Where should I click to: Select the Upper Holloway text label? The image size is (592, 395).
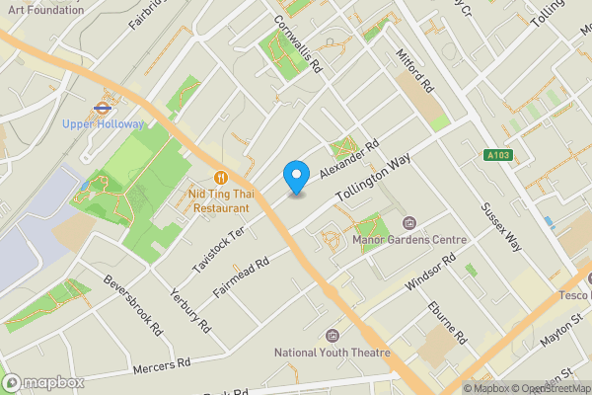point(103,124)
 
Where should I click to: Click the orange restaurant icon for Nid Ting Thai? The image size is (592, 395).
point(221,178)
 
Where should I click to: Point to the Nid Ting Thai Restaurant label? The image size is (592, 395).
point(221,201)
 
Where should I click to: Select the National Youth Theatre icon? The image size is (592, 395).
point(332,336)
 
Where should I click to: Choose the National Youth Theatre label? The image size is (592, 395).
point(333,353)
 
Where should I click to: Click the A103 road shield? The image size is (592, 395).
point(497,154)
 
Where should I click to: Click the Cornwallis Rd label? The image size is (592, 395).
point(299,46)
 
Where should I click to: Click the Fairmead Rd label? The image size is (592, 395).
point(241,279)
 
